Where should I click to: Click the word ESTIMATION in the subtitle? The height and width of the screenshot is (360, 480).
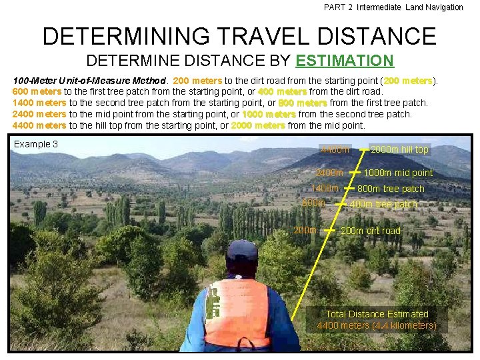click(x=345, y=61)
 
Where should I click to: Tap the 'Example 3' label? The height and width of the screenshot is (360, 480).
click(x=36, y=144)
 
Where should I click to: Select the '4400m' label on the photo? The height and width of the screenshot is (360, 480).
click(x=335, y=149)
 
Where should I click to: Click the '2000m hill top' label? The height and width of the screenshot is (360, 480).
click(x=399, y=149)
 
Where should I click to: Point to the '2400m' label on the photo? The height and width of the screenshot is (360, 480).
click(x=330, y=173)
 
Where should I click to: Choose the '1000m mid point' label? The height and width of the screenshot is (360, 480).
click(x=398, y=173)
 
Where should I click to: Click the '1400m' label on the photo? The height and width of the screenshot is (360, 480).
click(x=325, y=188)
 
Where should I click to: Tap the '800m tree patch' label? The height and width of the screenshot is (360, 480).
click(x=391, y=189)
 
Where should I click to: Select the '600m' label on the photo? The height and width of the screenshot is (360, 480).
click(x=314, y=203)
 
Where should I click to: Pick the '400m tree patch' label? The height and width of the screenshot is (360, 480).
click(x=383, y=204)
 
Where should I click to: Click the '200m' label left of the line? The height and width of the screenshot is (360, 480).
click(x=306, y=230)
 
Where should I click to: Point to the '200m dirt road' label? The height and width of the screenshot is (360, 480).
click(x=371, y=231)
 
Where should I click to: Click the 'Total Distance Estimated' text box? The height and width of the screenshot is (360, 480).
click(x=377, y=319)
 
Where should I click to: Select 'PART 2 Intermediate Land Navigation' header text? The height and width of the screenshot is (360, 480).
click(x=393, y=7)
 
